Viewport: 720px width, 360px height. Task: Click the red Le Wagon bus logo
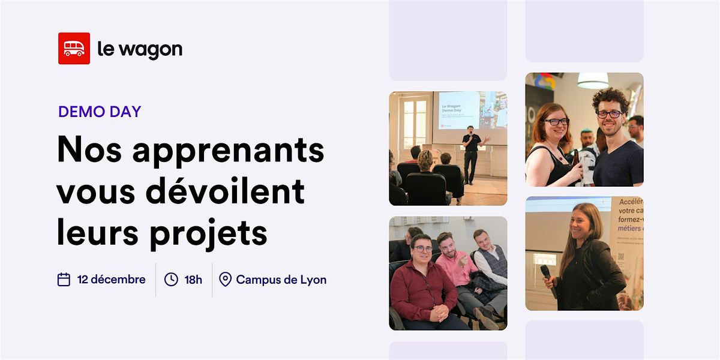74,49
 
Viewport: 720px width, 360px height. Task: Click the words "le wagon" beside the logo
140,49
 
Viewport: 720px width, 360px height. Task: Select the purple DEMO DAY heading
100,112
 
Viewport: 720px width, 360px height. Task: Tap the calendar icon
64,280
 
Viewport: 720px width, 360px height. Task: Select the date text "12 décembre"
111,280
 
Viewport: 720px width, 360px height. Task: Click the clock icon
171,280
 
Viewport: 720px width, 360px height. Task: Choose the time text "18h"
193,280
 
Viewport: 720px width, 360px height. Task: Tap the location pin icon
225,280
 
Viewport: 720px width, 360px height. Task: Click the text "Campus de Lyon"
281,280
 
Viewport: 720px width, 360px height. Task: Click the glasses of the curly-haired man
609,114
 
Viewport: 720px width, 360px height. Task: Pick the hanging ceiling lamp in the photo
593,80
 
